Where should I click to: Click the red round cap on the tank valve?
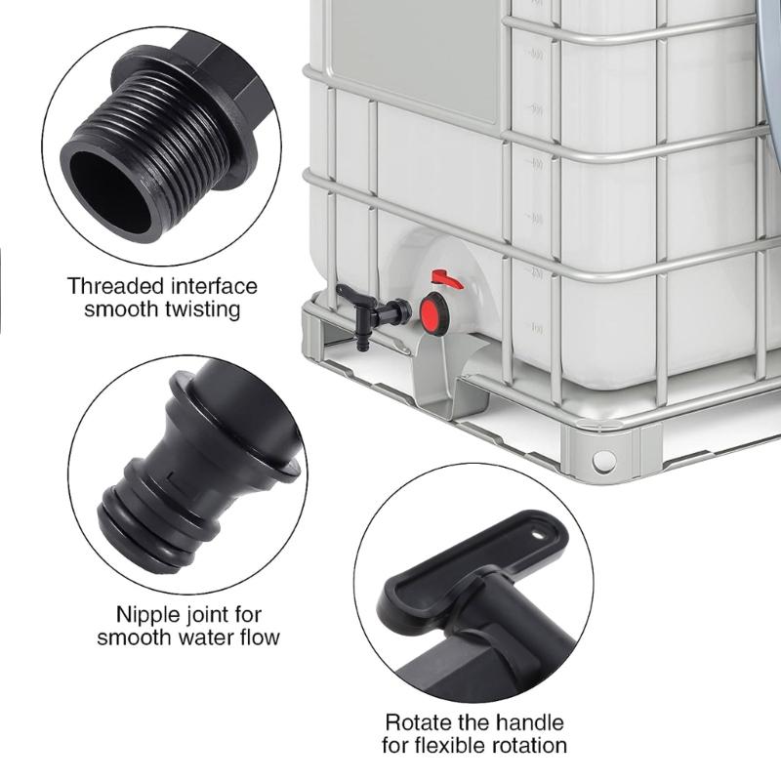pos(432,311)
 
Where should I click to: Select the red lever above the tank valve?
pos(446,280)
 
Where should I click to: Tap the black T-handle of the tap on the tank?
pos(349,292)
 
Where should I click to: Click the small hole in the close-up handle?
pos(536,535)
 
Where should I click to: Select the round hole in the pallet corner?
pos(604,458)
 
